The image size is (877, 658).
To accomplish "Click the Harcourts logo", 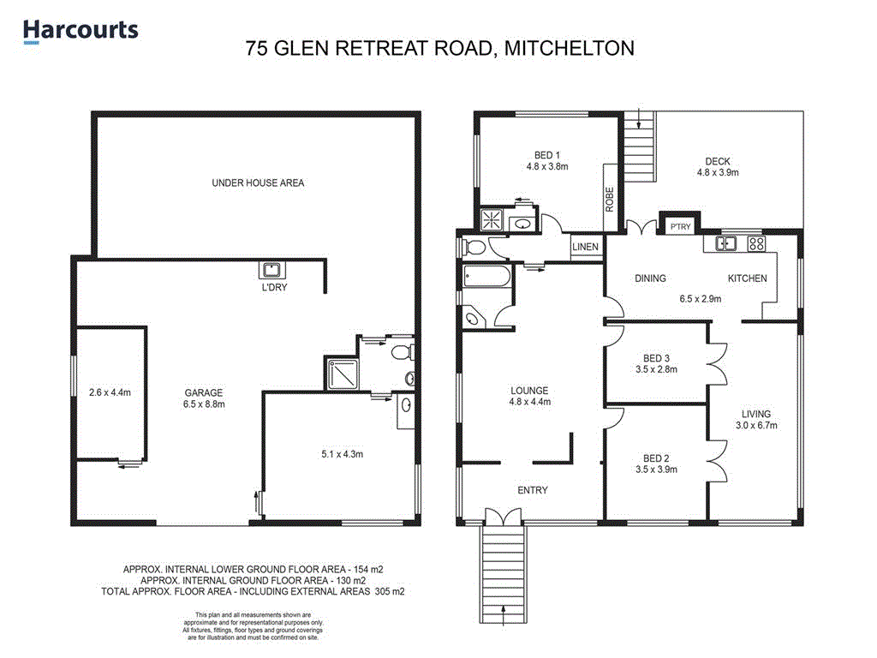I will pyautogui.click(x=81, y=31).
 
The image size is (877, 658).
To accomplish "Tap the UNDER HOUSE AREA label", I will pyautogui.click(x=257, y=182).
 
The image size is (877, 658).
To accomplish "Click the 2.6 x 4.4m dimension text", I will pyautogui.click(x=110, y=393).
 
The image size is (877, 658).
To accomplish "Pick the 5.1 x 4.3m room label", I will pyautogui.click(x=337, y=454).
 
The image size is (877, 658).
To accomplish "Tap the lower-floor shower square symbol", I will pyautogui.click(x=338, y=374).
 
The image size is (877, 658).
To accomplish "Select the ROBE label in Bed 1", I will pyautogui.click(x=610, y=200).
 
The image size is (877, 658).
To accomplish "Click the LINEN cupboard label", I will pyautogui.click(x=585, y=248).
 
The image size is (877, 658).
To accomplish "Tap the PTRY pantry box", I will pyautogui.click(x=680, y=227).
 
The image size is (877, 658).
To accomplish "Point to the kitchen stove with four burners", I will pyautogui.click(x=756, y=243).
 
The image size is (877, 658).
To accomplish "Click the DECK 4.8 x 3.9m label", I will pyautogui.click(x=718, y=166).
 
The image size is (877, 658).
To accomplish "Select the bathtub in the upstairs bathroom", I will pyautogui.click(x=485, y=278).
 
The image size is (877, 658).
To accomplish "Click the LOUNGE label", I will pyautogui.click(x=528, y=391).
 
